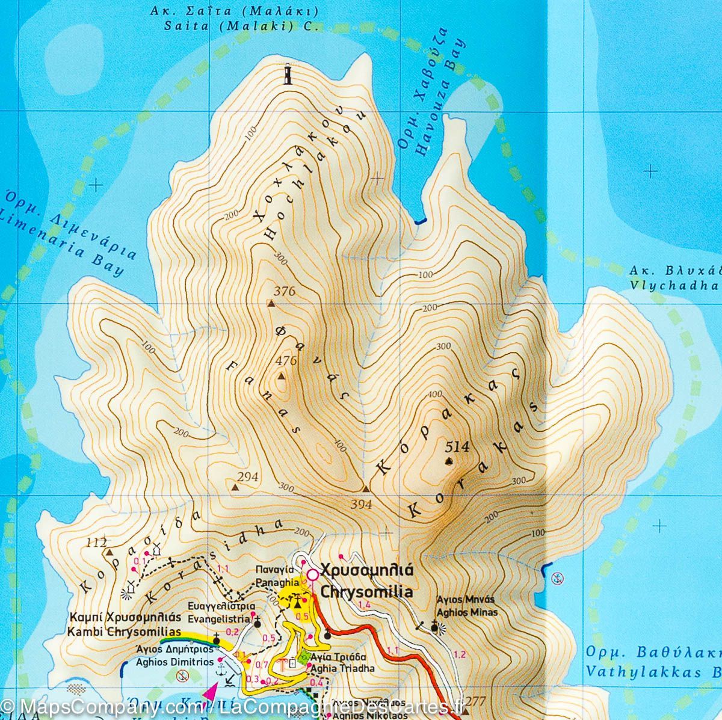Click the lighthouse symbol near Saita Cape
tap(288, 76)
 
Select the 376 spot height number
tap(284, 291)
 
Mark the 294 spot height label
tap(248, 477)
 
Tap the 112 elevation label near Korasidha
tap(96, 542)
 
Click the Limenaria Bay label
tap(60, 241)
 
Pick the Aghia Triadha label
tap(344, 668)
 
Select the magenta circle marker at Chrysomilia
tap(312, 575)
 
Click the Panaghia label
tap(269, 582)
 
